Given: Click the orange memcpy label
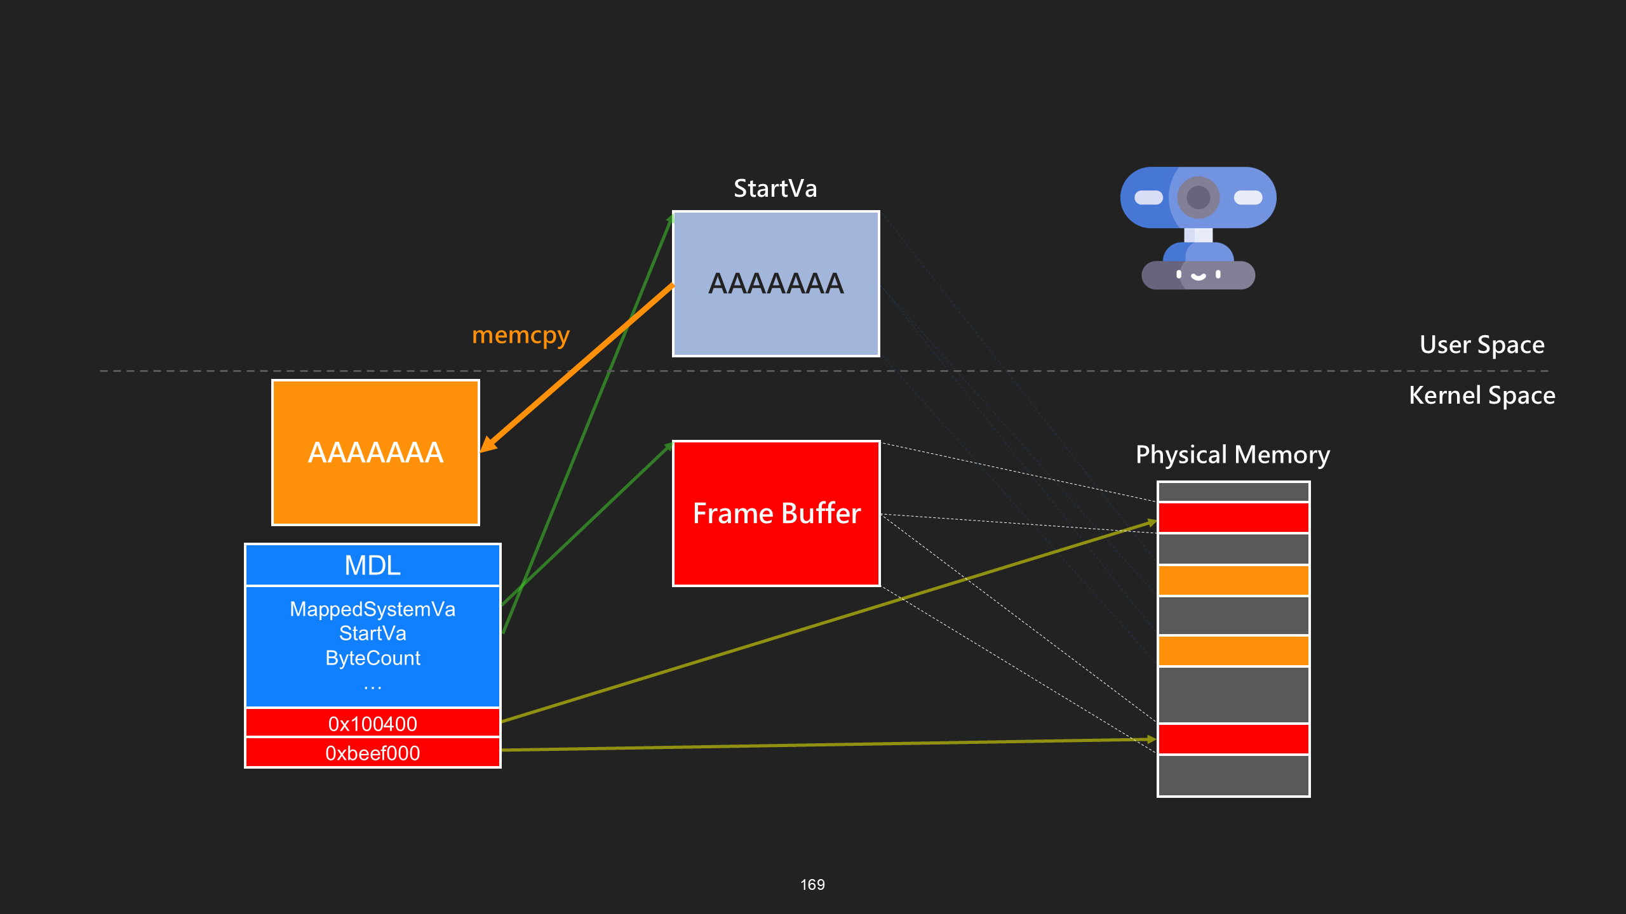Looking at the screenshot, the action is pos(521,335).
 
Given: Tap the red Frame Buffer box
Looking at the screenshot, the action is pos(776,513).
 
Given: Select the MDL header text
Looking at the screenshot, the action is pos(373,565).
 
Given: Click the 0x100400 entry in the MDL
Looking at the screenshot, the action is pos(373,724).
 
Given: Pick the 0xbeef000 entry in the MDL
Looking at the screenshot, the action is pos(373,753).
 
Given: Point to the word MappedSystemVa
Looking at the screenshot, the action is pos(373,609).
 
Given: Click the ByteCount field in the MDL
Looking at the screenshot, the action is pos(373,658).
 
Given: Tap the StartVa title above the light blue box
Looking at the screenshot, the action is pos(776,189).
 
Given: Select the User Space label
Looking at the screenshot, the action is pos(1482,345).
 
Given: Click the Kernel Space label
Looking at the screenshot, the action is pos(1482,395).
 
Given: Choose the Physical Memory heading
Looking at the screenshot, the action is pos(1233,455).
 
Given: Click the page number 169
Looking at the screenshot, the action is pos(812,885).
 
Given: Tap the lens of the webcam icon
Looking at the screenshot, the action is pos(1199,197).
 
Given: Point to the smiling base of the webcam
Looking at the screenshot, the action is pos(1198,275).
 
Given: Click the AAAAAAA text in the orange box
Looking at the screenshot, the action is pos(375,453).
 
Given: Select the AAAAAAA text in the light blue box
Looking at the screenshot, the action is pos(776,284).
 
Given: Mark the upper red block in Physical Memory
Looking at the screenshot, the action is pos(1233,517).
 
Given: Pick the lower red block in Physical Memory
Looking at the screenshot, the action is pos(1233,739).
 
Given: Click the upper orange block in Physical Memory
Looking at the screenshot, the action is pos(1233,580).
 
